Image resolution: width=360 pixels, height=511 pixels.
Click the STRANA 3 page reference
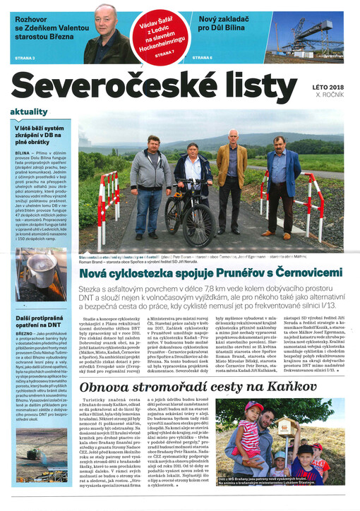point(24,57)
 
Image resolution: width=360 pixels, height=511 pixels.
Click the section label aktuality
point(28,112)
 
